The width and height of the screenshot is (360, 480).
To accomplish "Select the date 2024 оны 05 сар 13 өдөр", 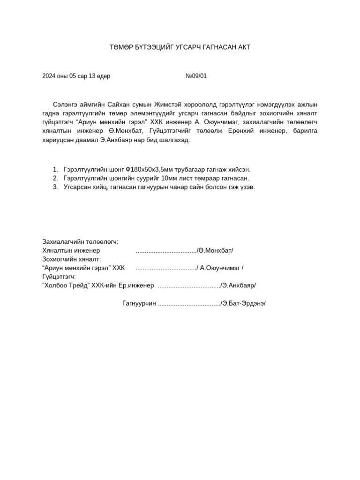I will coord(76,76).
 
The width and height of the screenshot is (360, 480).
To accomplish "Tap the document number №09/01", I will coord(196,76).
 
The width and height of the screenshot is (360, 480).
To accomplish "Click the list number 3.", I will coord(55,187).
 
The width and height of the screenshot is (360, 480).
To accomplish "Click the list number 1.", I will coord(55,169).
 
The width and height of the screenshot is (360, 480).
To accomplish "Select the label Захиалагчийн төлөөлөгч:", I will coord(80,242).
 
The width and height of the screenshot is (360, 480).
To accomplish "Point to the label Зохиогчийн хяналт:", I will coord(72,259).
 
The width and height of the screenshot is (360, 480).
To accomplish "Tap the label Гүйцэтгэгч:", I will coord(59,277).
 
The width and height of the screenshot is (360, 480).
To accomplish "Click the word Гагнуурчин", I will coord(139,303).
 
